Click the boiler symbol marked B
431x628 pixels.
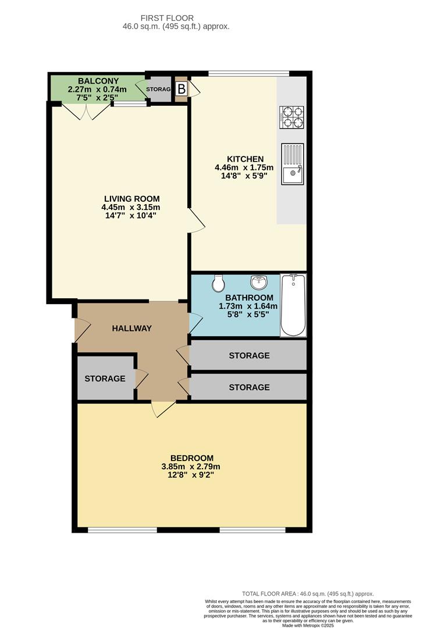(181, 89)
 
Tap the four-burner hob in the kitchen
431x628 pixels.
(292, 117)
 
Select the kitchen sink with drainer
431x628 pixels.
(292, 164)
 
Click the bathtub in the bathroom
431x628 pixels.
(293, 305)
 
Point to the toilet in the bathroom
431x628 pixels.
(218, 283)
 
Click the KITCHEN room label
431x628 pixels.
(245, 159)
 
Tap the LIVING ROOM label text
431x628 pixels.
(131, 198)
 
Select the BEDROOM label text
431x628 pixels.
(191, 458)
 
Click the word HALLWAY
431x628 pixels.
(132, 328)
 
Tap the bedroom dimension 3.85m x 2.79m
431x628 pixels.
(191, 466)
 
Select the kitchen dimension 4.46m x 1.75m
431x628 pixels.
(244, 168)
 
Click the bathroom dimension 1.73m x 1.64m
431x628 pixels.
(248, 306)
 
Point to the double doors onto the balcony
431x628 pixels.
(86, 113)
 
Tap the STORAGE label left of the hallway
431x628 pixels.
(105, 379)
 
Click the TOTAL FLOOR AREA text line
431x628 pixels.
(308, 594)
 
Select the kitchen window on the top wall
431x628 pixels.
(248, 73)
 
